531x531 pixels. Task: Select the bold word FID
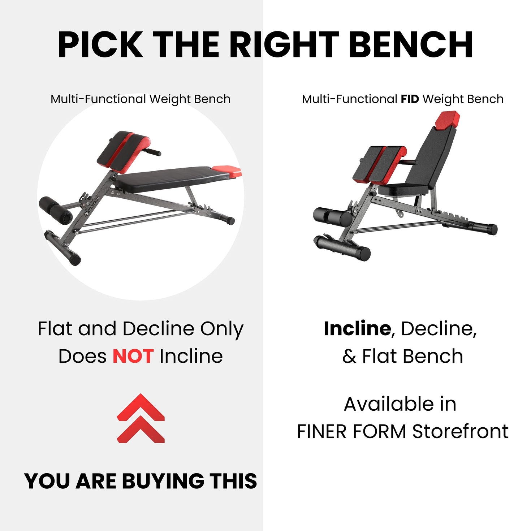(410, 99)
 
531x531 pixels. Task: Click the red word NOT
(133, 357)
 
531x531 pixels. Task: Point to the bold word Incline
(357, 329)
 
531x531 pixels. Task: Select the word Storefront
(460, 431)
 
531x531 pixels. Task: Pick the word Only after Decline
(222, 329)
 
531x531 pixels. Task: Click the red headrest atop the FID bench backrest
(448, 120)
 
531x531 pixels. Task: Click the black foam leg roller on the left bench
(55, 210)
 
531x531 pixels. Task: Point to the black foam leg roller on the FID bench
(332, 216)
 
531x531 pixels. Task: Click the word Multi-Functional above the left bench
(98, 99)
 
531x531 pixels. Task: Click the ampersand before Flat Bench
(349, 357)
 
